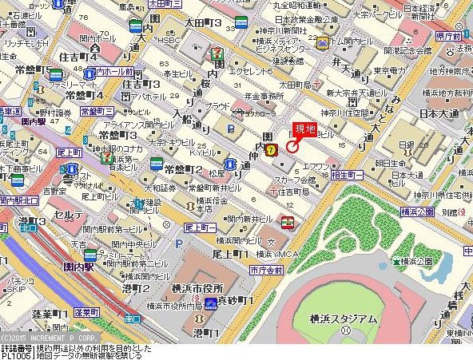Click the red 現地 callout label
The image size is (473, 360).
tap(305, 129)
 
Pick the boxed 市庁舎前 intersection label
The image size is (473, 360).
tap(265, 271)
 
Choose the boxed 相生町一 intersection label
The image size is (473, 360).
tap(348, 174)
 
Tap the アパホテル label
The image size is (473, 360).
tap(149, 97)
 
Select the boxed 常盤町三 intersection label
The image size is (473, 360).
tap(97, 111)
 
